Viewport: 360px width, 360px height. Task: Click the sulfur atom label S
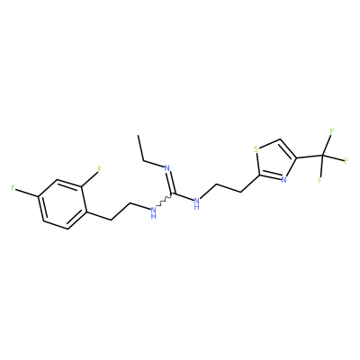(x=256, y=149)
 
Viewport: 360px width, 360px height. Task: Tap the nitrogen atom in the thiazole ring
(x=283, y=180)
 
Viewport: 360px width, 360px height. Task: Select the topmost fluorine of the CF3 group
(x=332, y=131)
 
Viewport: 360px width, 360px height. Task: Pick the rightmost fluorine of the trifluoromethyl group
(x=346, y=160)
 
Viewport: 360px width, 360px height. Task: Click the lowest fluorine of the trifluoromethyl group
(x=320, y=180)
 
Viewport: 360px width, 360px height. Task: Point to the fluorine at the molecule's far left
(x=13, y=188)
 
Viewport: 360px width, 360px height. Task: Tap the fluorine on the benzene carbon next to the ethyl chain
(x=100, y=169)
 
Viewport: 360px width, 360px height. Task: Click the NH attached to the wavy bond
(x=154, y=211)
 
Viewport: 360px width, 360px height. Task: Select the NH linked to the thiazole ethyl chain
(x=197, y=202)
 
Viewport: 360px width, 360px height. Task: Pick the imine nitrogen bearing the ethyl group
(x=167, y=168)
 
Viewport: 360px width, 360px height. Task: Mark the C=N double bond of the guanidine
(x=171, y=184)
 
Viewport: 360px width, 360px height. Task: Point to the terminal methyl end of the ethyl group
(x=139, y=136)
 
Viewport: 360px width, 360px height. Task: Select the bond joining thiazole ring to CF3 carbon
(x=310, y=157)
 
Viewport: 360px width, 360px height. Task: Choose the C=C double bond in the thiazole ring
(x=287, y=148)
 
